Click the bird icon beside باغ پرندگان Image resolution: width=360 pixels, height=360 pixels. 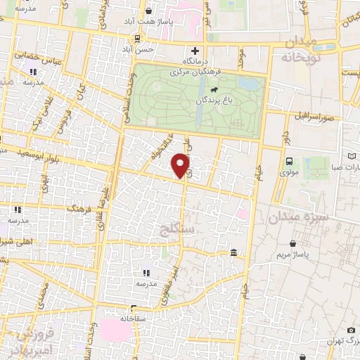[212, 90]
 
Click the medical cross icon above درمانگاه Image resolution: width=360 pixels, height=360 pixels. [196, 51]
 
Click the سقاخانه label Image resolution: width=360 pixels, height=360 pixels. [133, 318]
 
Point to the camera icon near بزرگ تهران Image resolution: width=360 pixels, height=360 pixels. [351, 330]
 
